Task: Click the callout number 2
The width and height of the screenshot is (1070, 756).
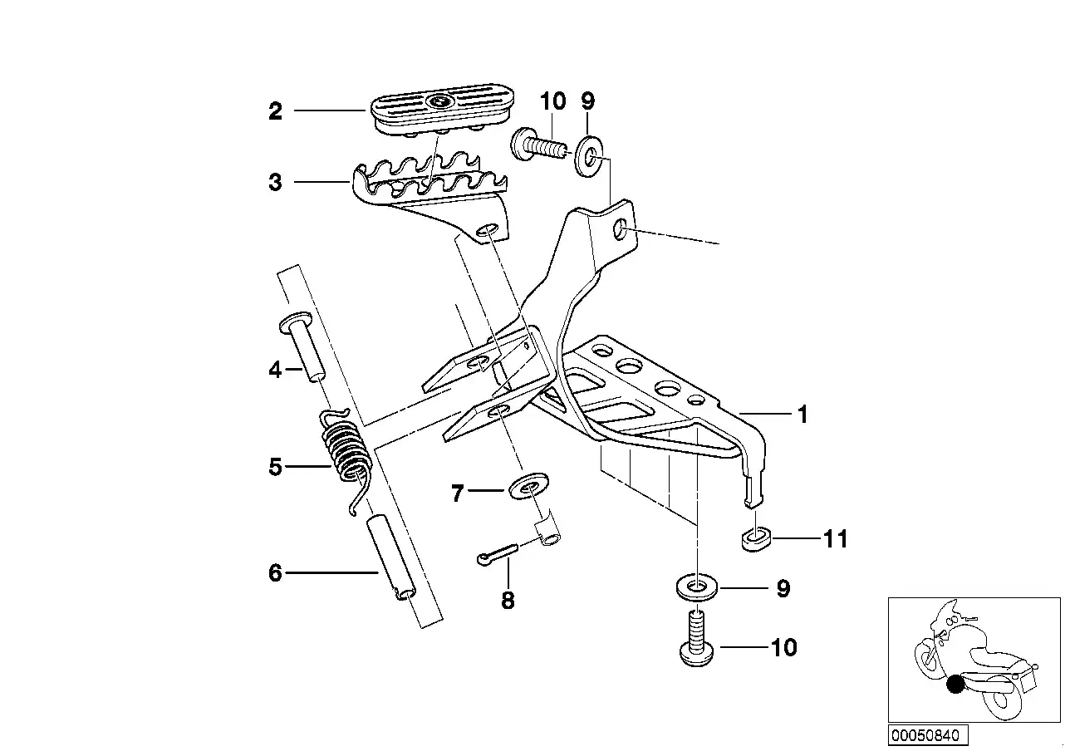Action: pyautogui.click(x=275, y=111)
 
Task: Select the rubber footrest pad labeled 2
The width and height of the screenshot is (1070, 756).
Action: pyautogui.click(x=438, y=112)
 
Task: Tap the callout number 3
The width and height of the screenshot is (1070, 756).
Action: pyautogui.click(x=275, y=182)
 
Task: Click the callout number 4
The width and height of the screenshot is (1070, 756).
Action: pyautogui.click(x=275, y=369)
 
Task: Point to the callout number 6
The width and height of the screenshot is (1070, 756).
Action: pyautogui.click(x=275, y=572)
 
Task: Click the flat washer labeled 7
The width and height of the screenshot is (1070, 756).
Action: pyautogui.click(x=523, y=487)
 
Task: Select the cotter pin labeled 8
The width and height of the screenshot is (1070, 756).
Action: pyautogui.click(x=498, y=554)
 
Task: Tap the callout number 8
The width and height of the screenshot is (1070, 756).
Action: pyautogui.click(x=508, y=600)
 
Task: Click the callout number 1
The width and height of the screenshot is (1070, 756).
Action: pyautogui.click(x=802, y=415)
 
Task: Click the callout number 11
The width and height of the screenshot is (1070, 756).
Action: pyautogui.click(x=835, y=539)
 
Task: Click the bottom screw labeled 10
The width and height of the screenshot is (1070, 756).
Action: pyautogui.click(x=695, y=640)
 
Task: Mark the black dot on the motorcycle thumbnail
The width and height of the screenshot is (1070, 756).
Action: pyautogui.click(x=956, y=685)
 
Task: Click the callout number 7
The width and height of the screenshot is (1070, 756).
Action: pyautogui.click(x=456, y=494)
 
